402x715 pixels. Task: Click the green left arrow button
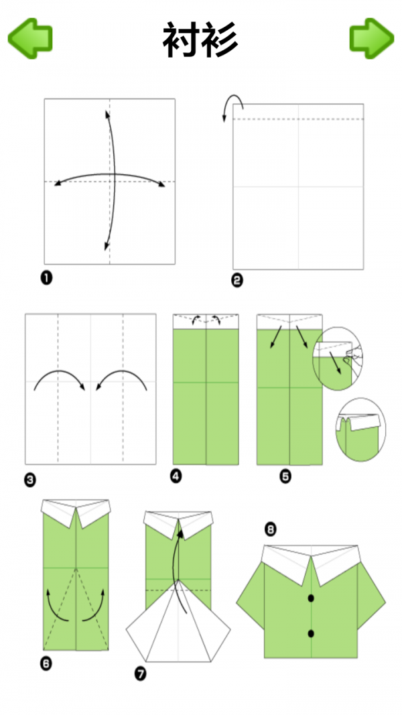(30, 38)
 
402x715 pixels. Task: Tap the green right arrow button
(371, 38)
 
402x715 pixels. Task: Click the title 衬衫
(200, 40)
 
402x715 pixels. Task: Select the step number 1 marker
(46, 277)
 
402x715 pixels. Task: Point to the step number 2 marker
(237, 280)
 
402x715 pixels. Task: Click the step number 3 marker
(30, 479)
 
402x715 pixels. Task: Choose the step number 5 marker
(285, 477)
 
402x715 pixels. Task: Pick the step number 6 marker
(46, 663)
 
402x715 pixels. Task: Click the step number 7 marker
(141, 673)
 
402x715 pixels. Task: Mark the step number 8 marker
(270, 529)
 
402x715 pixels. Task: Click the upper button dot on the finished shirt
(312, 598)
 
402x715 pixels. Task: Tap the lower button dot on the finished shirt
(312, 633)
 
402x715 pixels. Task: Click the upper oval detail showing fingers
(336, 359)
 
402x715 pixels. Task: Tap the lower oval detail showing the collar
(360, 430)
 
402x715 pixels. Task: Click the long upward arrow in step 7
(175, 570)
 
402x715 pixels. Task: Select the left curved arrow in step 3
(58, 372)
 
